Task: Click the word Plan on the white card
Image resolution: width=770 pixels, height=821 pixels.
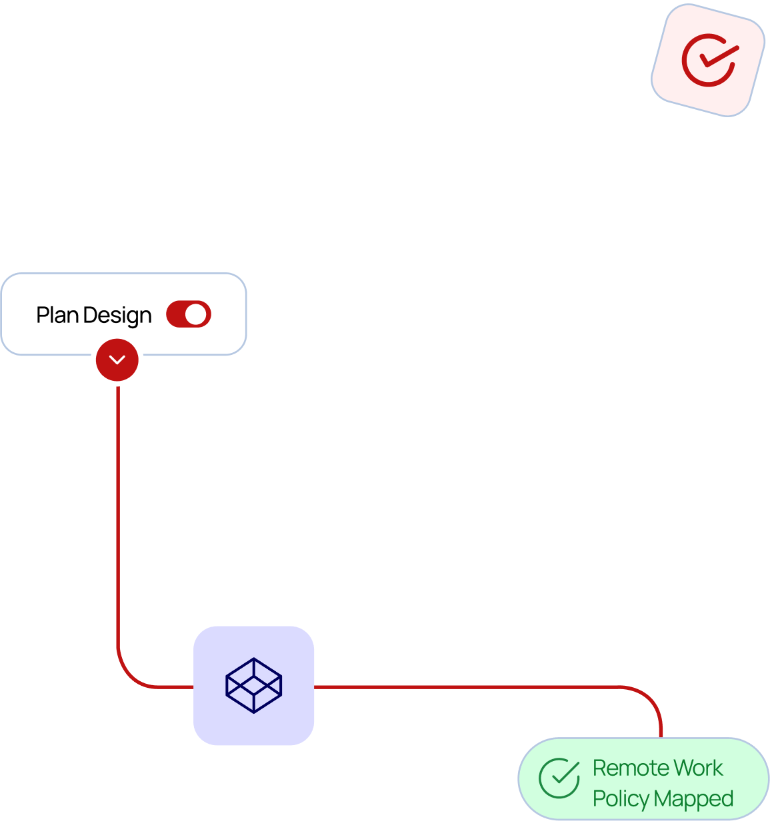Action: click(57, 315)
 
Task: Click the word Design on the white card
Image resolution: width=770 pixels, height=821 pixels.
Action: click(117, 315)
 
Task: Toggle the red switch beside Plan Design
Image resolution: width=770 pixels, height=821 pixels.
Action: click(189, 314)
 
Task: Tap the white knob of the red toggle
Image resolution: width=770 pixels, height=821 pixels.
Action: click(197, 314)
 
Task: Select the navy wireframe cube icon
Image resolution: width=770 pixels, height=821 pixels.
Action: click(254, 686)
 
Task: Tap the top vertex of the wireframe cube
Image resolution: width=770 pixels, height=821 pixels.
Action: click(254, 659)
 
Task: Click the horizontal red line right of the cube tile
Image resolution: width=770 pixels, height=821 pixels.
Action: click(467, 686)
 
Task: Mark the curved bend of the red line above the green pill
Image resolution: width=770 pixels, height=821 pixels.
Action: click(650, 698)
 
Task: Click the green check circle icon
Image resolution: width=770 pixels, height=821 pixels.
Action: click(559, 778)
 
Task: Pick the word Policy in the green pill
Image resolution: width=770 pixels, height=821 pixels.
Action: click(621, 798)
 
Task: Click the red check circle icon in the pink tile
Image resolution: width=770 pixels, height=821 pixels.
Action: click(708, 60)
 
